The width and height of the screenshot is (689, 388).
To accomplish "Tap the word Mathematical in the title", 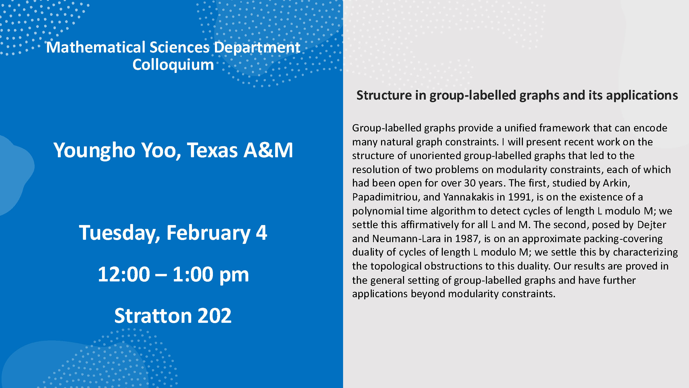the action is [96, 47].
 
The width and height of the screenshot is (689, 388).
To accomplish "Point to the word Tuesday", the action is [119, 233].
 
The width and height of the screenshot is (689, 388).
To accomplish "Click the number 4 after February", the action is [262, 233].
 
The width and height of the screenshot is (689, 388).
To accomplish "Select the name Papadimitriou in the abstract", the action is [386, 197].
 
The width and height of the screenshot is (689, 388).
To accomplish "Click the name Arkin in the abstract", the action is [616, 183].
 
